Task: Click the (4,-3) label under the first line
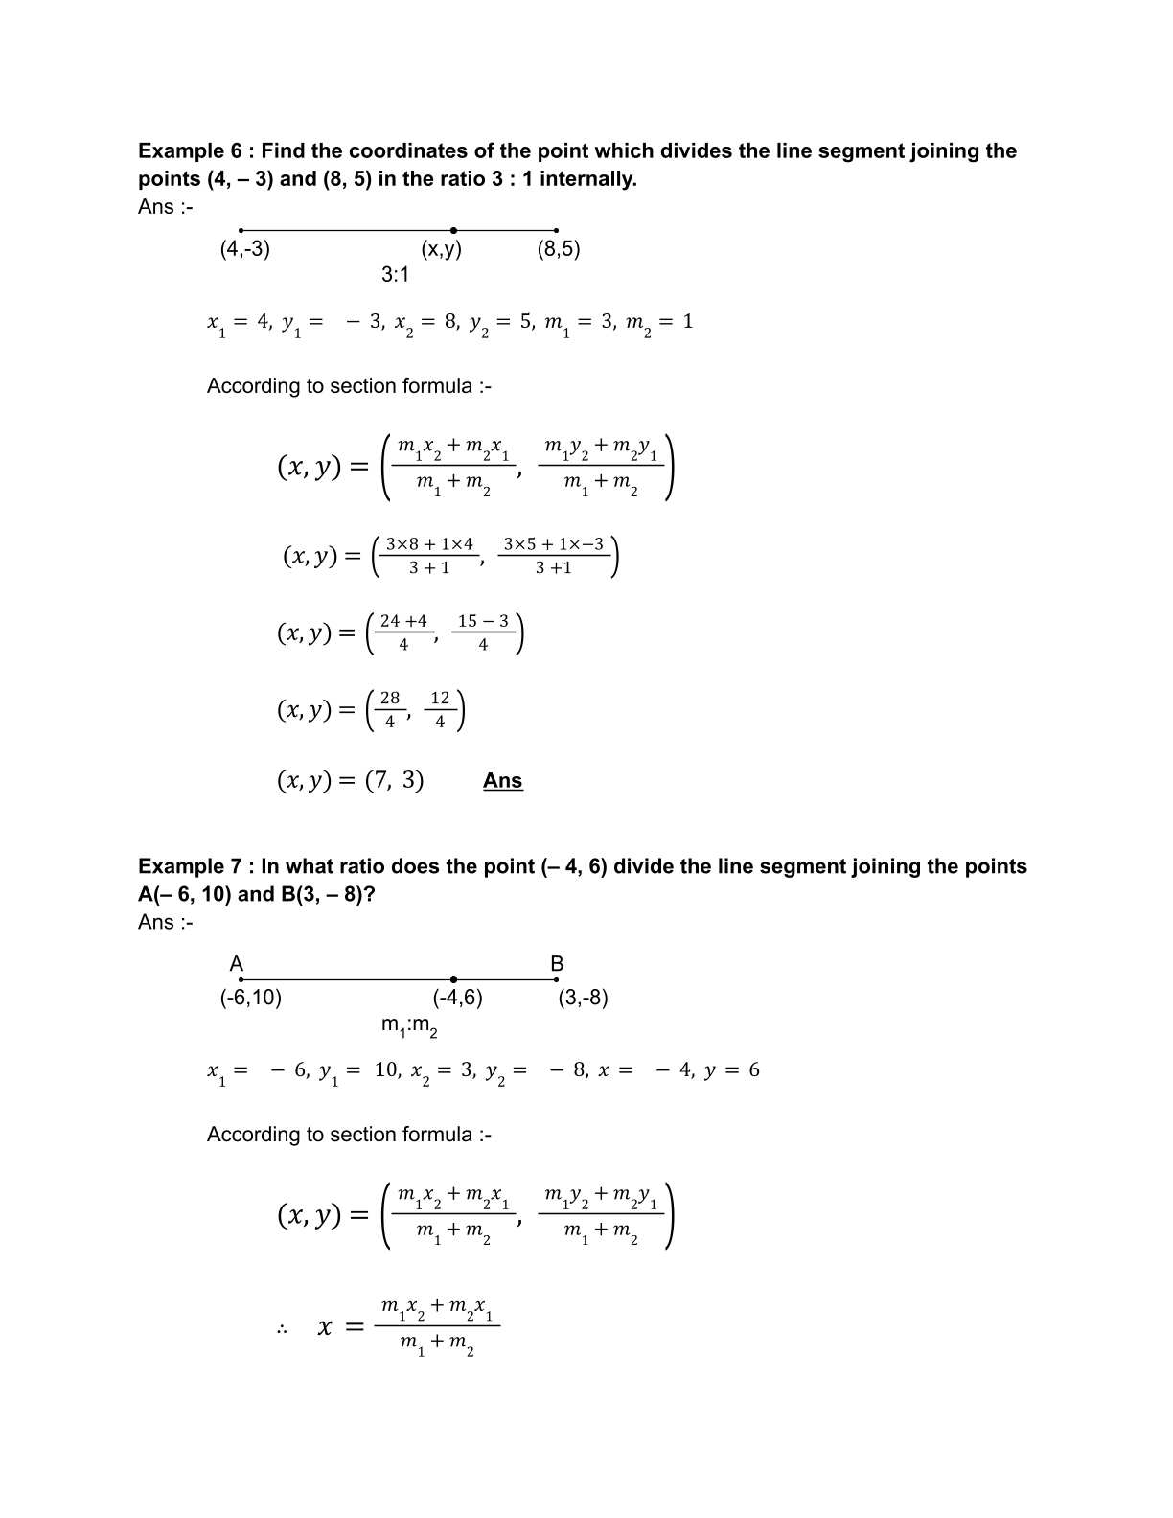click(244, 249)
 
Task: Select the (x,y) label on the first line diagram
click(441, 249)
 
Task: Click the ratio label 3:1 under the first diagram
click(395, 275)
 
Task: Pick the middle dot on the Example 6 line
click(453, 230)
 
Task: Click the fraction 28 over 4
click(390, 710)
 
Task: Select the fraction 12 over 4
click(440, 710)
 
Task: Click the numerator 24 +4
click(403, 621)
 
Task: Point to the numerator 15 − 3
click(483, 621)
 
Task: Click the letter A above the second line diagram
click(237, 964)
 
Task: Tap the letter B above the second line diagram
click(557, 964)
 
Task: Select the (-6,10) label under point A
click(251, 998)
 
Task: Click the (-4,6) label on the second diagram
click(457, 998)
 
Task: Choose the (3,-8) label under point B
click(583, 998)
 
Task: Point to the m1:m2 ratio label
click(409, 1026)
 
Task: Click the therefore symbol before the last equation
click(283, 1329)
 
